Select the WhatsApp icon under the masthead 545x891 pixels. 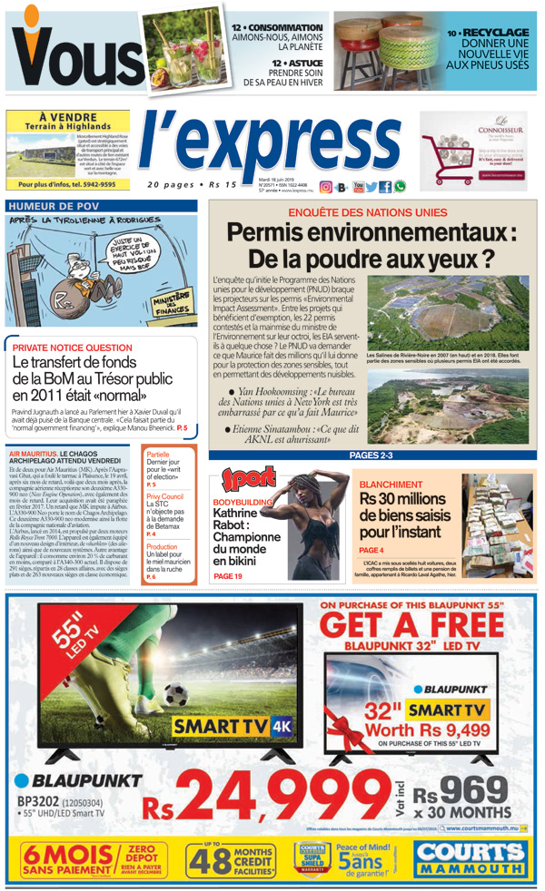pos(400,187)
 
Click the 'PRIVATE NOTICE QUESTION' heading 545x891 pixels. pos(72,348)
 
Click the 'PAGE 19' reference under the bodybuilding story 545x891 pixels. pos(227,576)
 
